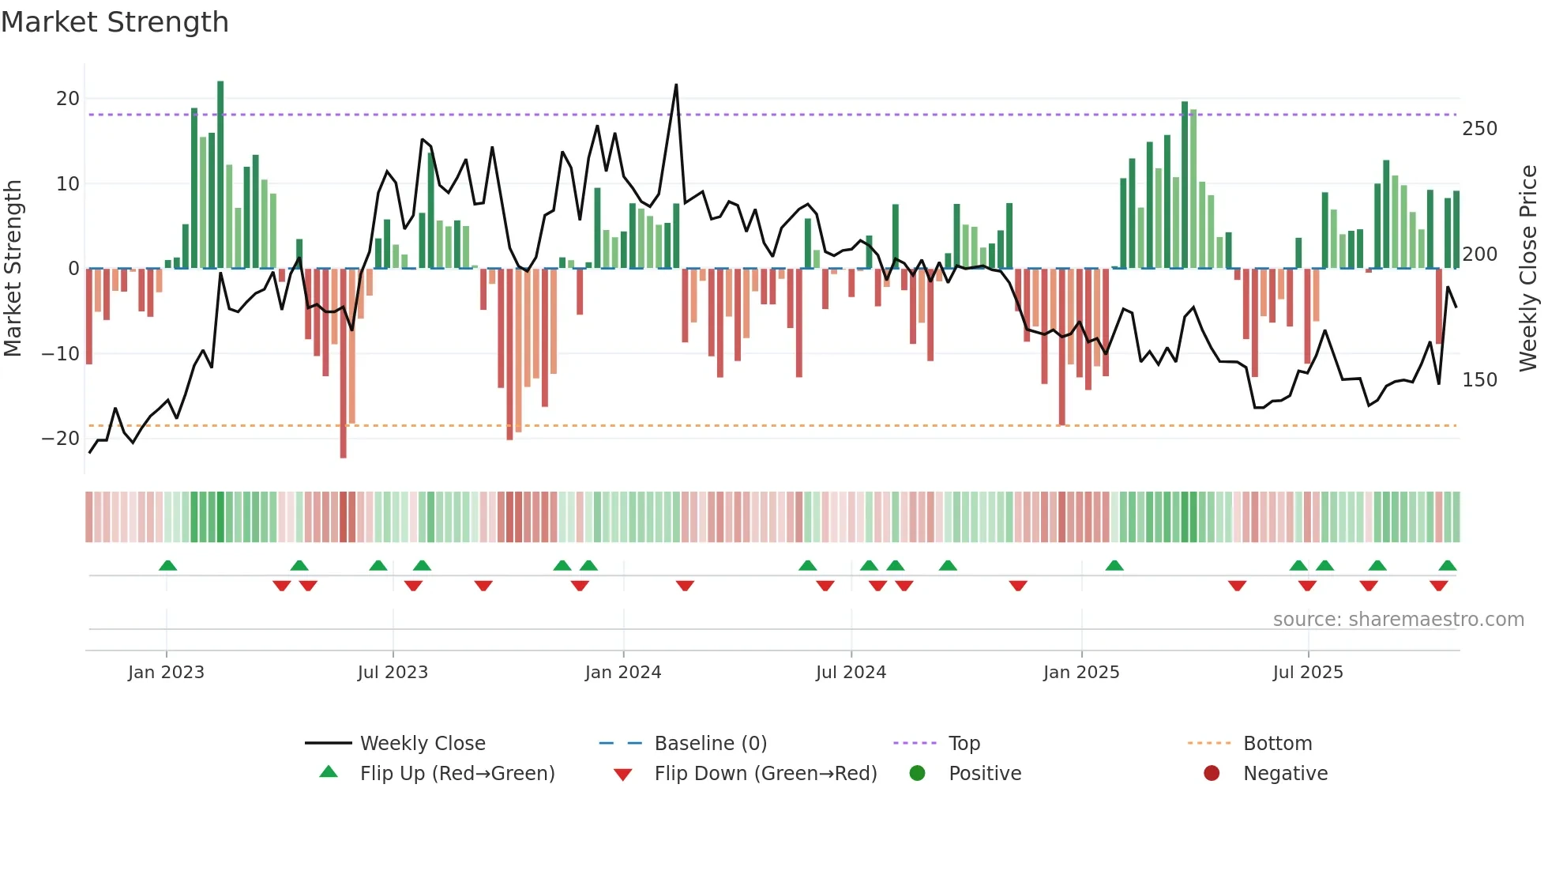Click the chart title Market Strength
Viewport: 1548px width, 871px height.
click(x=115, y=22)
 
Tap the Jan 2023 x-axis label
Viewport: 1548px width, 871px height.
click(x=166, y=673)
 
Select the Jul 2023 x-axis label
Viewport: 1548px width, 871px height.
click(x=393, y=673)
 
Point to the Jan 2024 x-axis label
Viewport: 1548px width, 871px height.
click(x=623, y=673)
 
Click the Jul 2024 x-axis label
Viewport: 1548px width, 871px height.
click(x=851, y=673)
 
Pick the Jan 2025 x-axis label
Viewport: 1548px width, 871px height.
click(x=1081, y=673)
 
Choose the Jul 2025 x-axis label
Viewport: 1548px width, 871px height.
click(x=1308, y=673)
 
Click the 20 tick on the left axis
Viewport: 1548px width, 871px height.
click(x=68, y=99)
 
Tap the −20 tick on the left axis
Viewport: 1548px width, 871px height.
click(x=61, y=439)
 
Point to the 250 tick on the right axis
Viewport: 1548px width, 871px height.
click(x=1479, y=129)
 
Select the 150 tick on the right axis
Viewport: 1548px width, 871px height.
click(x=1479, y=380)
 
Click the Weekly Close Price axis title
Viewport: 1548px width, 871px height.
click(x=1529, y=269)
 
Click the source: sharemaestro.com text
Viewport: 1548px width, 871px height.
click(x=1398, y=620)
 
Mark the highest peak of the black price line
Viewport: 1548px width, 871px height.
click(x=676, y=85)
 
